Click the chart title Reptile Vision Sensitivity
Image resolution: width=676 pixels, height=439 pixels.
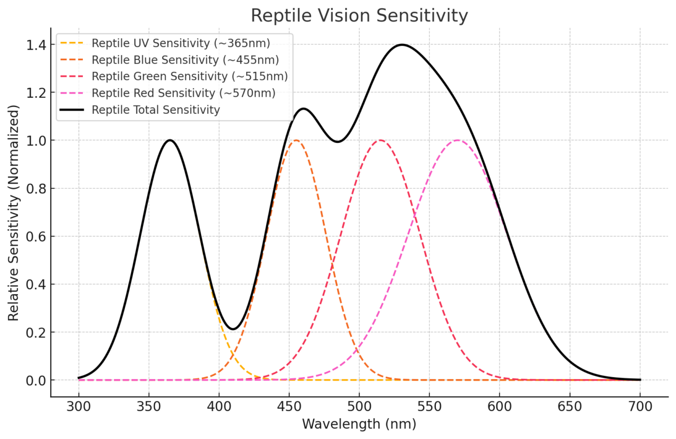359,15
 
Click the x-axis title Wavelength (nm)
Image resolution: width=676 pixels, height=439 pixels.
359,424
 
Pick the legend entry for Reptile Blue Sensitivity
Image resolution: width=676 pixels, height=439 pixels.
185,60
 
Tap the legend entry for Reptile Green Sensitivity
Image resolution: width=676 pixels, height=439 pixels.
190,76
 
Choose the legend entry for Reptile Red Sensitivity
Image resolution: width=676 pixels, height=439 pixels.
183,93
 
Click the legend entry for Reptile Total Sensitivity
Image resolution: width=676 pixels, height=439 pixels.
155,110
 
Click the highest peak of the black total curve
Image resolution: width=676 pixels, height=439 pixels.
402,44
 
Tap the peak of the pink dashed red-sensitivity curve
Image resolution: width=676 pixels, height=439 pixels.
457,140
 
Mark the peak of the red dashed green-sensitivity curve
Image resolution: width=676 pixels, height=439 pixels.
380,140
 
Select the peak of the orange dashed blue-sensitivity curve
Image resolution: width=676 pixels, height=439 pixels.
296,140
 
